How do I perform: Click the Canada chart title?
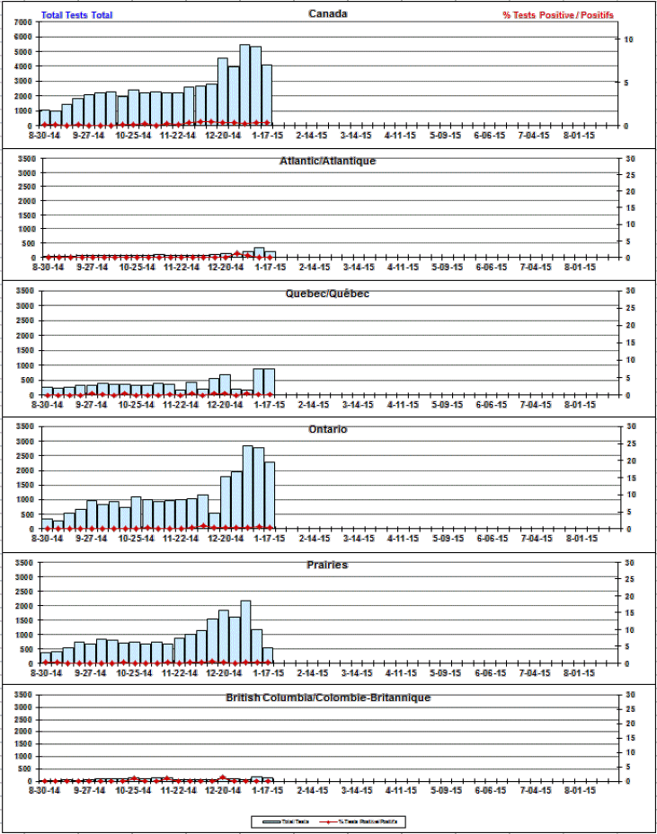tap(328, 13)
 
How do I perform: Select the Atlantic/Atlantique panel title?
tap(328, 160)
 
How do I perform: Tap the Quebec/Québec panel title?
tap(328, 294)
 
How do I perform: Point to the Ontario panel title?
tap(328, 429)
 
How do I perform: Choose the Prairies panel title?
tap(328, 565)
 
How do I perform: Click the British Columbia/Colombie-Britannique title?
tap(328, 697)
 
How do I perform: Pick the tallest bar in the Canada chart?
tap(244, 85)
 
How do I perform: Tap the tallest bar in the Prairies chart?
tap(245, 632)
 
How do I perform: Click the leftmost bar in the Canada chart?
tap(45, 118)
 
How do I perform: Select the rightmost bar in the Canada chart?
tap(267, 95)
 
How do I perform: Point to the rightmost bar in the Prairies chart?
tap(268, 655)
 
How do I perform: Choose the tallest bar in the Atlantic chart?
tap(259, 253)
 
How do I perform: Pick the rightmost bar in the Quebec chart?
tap(269, 382)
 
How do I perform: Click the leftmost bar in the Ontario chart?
tap(47, 523)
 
